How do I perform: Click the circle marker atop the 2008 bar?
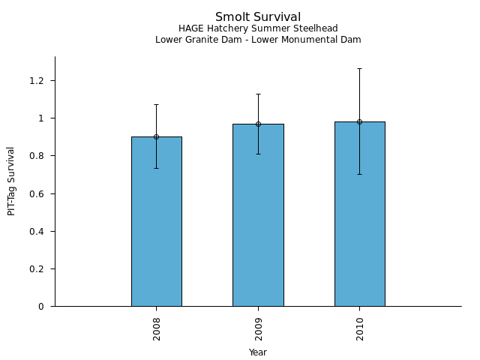pos(156,136)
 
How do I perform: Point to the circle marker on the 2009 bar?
pos(258,124)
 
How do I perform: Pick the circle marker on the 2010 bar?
pos(359,121)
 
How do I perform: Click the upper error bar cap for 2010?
pos(359,68)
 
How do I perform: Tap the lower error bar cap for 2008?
pos(156,168)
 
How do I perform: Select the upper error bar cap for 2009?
pos(258,94)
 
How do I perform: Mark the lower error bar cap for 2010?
pos(359,174)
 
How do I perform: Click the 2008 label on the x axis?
pos(156,328)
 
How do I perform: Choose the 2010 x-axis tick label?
pos(359,328)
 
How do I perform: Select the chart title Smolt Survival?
pos(258,17)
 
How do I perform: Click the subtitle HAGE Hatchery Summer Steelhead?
pos(258,29)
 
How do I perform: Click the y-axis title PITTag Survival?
pos(11,181)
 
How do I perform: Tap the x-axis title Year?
pos(258,352)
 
